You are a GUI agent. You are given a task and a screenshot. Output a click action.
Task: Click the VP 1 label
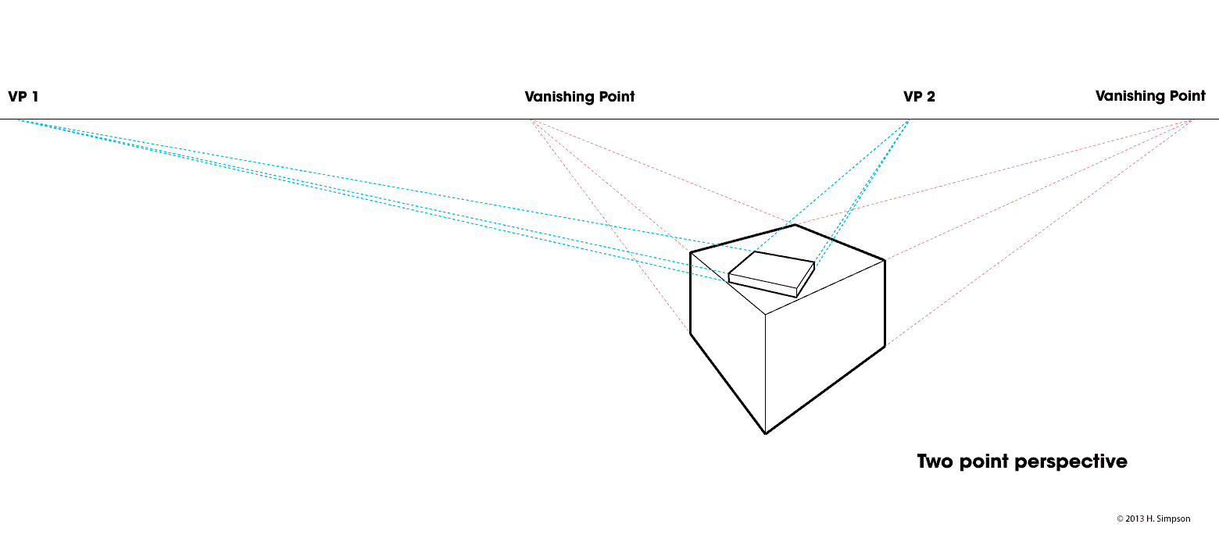(23, 97)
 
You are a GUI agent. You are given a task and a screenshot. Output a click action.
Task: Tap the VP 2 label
(919, 97)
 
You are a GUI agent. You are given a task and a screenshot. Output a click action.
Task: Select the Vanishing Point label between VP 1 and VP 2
(579, 97)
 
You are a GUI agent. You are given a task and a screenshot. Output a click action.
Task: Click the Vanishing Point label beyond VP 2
(1150, 97)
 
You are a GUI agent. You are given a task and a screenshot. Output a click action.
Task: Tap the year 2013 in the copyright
(1137, 519)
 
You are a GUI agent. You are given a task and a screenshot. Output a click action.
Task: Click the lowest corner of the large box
(765, 433)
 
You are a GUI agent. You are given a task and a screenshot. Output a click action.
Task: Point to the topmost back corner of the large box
(795, 226)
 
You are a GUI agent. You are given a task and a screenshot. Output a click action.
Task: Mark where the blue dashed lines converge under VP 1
(17, 119)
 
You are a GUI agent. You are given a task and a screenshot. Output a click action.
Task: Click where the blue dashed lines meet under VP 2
(909, 119)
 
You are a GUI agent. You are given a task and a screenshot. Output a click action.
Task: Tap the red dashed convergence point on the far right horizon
(1192, 119)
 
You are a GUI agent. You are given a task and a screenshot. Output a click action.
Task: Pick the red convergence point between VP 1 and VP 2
(531, 119)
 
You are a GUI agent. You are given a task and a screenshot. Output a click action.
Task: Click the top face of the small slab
(770, 270)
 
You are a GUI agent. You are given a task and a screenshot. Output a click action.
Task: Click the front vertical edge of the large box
(765, 375)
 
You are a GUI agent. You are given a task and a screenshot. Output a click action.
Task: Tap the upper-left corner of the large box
(691, 252)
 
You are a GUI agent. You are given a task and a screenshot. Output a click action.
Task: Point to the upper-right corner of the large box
(885, 260)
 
